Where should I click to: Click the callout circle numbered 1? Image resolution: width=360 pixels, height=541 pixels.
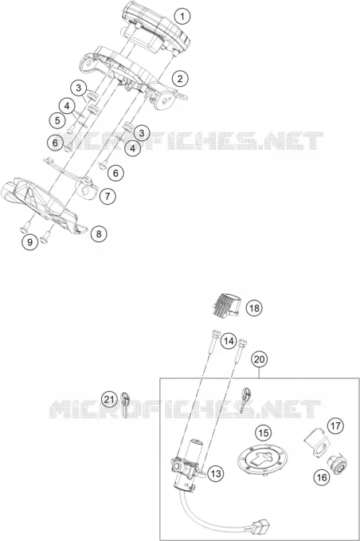pyautogui.click(x=182, y=16)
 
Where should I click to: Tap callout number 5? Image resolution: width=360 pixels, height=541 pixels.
pyautogui.click(x=57, y=120)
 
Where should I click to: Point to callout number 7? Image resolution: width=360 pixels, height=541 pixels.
pyautogui.click(x=108, y=197)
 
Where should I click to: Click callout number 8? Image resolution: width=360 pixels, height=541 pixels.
pyautogui.click(x=99, y=234)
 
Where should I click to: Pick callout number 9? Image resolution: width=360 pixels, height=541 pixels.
pyautogui.click(x=30, y=242)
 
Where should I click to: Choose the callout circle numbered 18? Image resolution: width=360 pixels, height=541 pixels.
pyautogui.click(x=254, y=308)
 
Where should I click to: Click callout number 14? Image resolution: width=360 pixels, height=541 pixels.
pyautogui.click(x=229, y=342)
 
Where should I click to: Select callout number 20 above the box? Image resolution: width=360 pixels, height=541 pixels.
pyautogui.click(x=260, y=359)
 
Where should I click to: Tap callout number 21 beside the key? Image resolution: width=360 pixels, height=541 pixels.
pyautogui.click(x=109, y=399)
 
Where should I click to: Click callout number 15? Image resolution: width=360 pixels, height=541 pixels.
pyautogui.click(x=263, y=433)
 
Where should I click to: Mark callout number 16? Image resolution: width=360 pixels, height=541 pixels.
pyautogui.click(x=322, y=477)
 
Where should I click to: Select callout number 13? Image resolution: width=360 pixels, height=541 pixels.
pyautogui.click(x=216, y=473)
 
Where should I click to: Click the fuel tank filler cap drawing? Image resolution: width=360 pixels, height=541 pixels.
pyautogui.click(x=263, y=461)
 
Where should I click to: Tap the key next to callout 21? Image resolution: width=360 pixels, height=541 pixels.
pyautogui.click(x=125, y=405)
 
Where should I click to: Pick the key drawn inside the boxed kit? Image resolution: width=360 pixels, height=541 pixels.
pyautogui.click(x=245, y=400)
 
